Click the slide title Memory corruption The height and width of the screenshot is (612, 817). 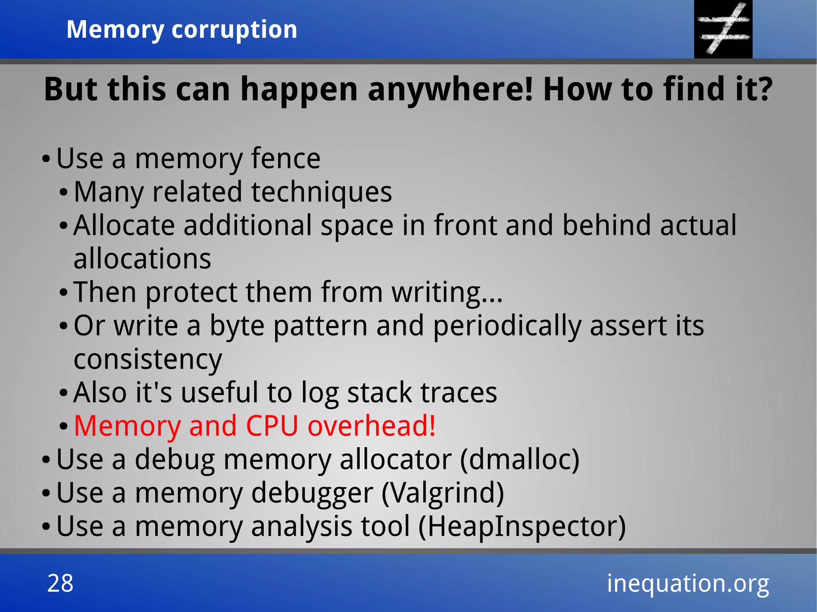(182, 30)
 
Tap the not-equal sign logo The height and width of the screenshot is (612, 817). (723, 29)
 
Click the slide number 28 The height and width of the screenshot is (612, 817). (60, 583)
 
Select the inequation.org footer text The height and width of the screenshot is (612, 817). (688, 584)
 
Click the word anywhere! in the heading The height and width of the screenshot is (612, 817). (450, 89)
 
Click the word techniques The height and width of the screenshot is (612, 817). (322, 192)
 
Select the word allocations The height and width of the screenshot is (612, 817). (142, 259)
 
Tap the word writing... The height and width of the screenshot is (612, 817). (442, 292)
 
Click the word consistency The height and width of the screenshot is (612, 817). (148, 359)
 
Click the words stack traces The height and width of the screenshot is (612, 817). (422, 393)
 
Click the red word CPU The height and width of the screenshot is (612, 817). (272, 426)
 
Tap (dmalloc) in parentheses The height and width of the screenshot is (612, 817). (519, 459)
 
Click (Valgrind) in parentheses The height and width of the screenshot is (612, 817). (443, 493)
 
